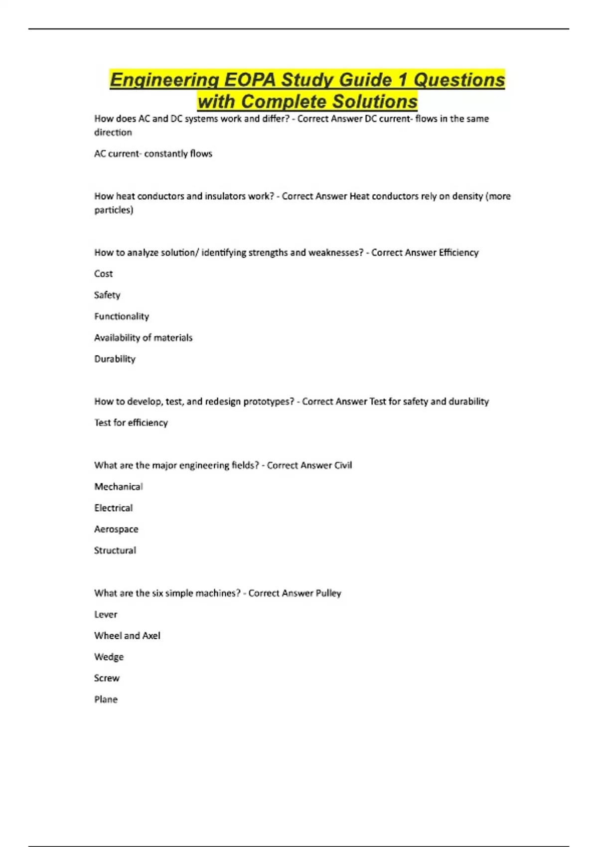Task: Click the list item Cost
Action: [103, 274]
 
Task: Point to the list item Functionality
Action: [122, 316]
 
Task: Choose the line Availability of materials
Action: [143, 338]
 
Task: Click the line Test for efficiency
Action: [131, 423]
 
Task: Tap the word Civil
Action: [343, 465]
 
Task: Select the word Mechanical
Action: [119, 487]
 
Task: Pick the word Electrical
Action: [114, 508]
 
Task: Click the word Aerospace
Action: [116, 529]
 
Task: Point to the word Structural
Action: [115, 551]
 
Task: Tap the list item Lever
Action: [106, 615]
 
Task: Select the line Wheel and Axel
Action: [127, 636]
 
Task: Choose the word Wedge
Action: [109, 657]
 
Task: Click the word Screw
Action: [107, 678]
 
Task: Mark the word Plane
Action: [106, 700]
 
